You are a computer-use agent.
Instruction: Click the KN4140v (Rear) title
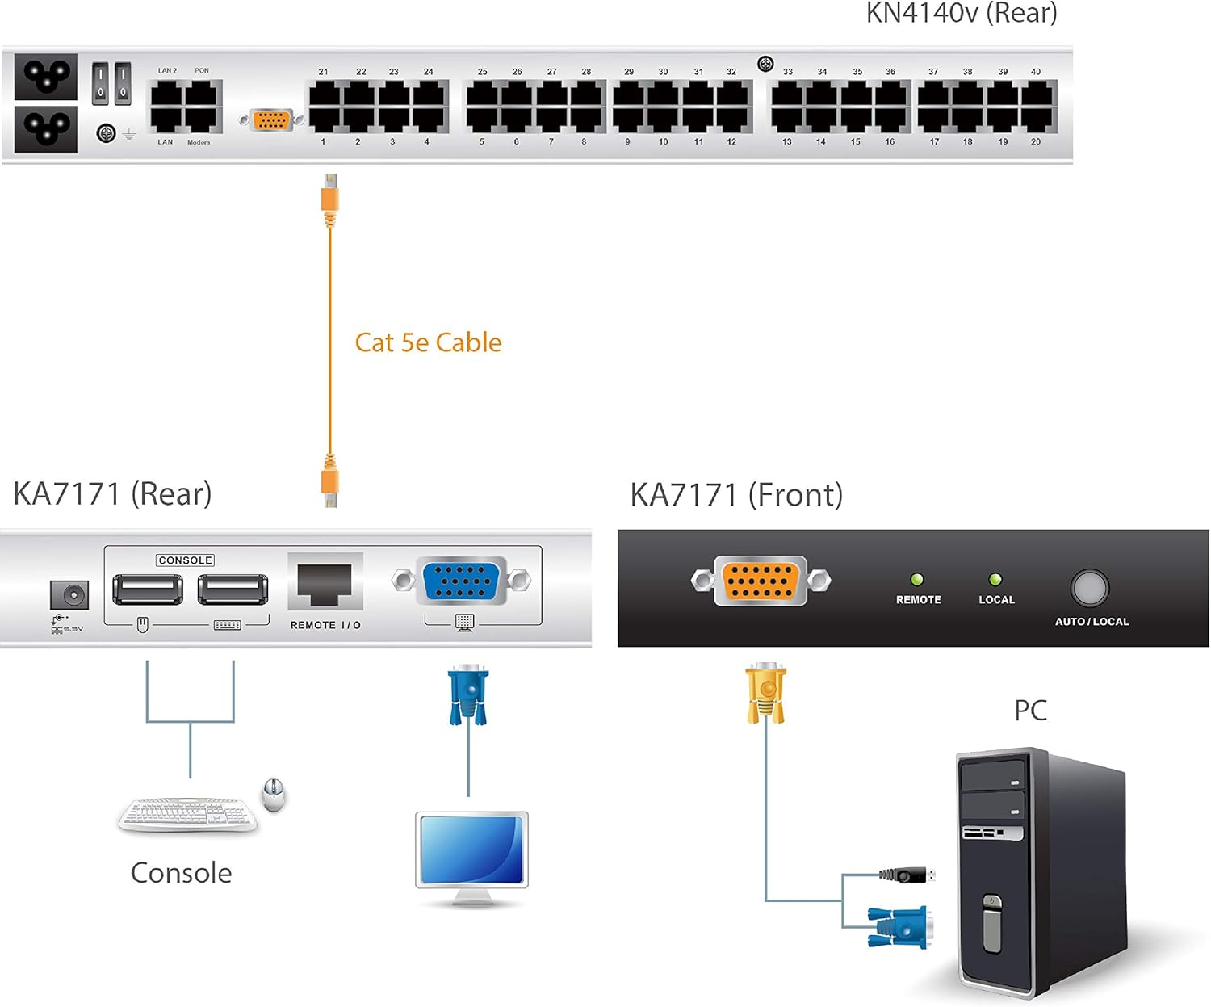coord(961,13)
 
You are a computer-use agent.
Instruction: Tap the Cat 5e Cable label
coord(428,342)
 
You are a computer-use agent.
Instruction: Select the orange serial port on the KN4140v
coord(271,120)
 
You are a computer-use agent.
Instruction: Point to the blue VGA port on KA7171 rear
coord(461,580)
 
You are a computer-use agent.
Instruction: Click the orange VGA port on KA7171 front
coord(760,581)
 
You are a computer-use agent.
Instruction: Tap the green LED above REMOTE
coord(917,579)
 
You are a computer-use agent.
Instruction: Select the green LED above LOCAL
coord(995,579)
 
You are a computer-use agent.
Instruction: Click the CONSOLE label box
coord(185,560)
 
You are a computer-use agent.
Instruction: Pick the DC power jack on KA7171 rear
coord(69,596)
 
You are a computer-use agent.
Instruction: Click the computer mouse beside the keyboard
coord(274,794)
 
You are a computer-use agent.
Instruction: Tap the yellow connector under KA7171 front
coord(765,691)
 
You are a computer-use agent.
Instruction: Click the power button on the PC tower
coord(992,902)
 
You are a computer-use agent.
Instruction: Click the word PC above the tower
coord(1030,711)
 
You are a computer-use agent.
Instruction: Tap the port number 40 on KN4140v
coord(1035,72)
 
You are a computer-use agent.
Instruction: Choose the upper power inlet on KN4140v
coord(46,76)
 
